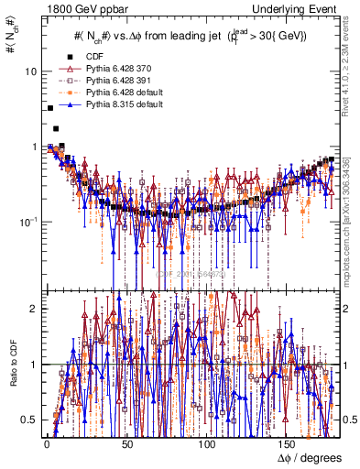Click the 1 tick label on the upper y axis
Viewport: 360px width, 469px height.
(x=33, y=147)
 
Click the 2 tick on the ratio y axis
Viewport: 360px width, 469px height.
(x=33, y=309)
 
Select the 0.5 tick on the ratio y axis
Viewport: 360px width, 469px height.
(x=29, y=420)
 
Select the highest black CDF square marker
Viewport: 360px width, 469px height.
(x=49, y=108)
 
